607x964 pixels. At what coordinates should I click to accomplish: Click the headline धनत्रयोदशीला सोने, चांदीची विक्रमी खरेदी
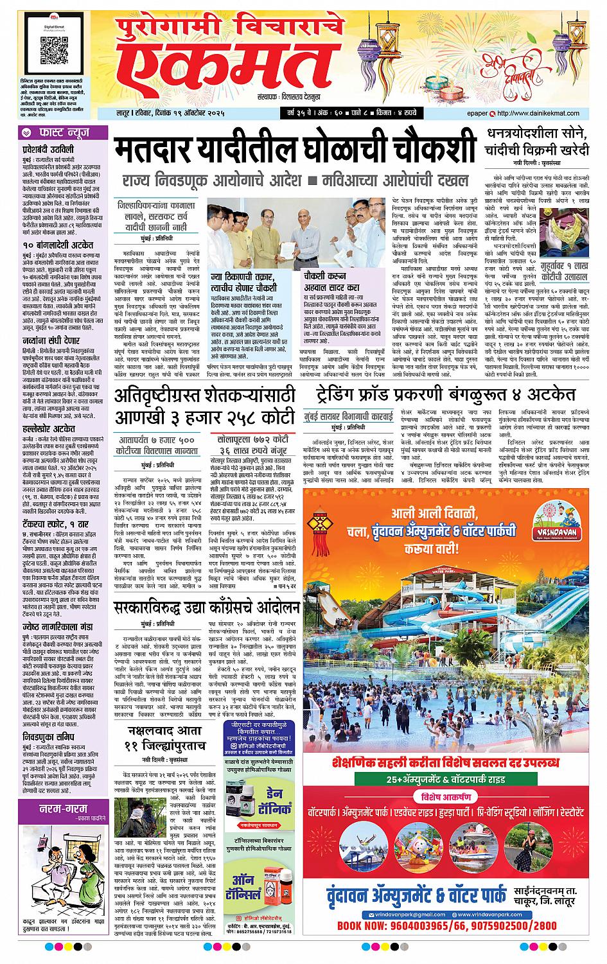(538, 143)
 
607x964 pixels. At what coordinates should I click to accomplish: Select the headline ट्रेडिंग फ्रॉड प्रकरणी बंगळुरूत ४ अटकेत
(445, 393)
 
